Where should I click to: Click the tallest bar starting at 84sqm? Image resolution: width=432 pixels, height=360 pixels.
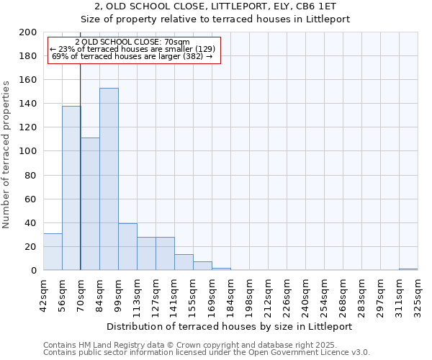[x=109, y=180]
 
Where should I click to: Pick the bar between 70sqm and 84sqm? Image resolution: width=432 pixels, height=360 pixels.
[x=90, y=204]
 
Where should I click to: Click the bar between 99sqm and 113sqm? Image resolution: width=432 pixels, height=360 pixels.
[x=127, y=247]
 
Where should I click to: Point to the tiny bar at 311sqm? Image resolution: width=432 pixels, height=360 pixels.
[x=408, y=269]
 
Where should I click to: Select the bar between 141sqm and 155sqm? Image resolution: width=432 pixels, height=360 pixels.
[x=184, y=262]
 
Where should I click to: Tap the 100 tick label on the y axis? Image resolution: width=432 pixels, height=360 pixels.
[x=27, y=151]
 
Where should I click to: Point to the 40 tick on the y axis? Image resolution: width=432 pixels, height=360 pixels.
[x=30, y=222]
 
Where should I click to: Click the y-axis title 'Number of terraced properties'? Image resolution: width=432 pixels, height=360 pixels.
[x=6, y=154]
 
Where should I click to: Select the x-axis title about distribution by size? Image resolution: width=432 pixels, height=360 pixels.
[x=230, y=326]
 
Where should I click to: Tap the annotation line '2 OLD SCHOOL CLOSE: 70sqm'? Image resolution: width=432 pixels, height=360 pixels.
[x=132, y=42]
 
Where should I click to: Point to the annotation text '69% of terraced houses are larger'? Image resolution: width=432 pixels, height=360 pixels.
[x=132, y=56]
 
